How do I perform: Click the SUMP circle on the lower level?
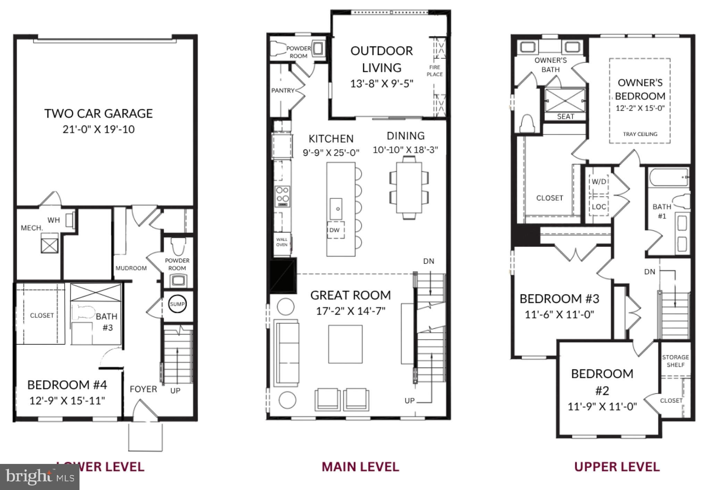pyautogui.click(x=177, y=304)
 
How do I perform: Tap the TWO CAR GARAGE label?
pyautogui.click(x=99, y=114)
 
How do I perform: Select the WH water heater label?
pyautogui.click(x=54, y=220)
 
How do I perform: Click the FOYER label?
pyautogui.click(x=143, y=389)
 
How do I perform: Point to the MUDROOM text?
pyautogui.click(x=131, y=268)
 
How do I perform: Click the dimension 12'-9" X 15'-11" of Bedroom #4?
pyautogui.click(x=67, y=401)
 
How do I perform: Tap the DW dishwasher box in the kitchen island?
pyautogui.click(x=335, y=230)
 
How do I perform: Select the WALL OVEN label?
pyautogui.click(x=282, y=242)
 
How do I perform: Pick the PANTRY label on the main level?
pyautogui.click(x=283, y=91)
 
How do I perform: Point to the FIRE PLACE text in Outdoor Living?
pyautogui.click(x=435, y=71)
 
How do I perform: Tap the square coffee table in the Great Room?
pyautogui.click(x=345, y=344)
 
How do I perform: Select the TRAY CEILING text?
pyautogui.click(x=640, y=134)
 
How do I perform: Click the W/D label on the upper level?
pyautogui.click(x=599, y=182)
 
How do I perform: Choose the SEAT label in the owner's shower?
pyautogui.click(x=566, y=117)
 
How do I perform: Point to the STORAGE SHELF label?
pyautogui.click(x=675, y=361)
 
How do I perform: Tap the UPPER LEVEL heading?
pyautogui.click(x=617, y=467)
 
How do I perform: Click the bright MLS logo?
pyautogui.click(x=40, y=477)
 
